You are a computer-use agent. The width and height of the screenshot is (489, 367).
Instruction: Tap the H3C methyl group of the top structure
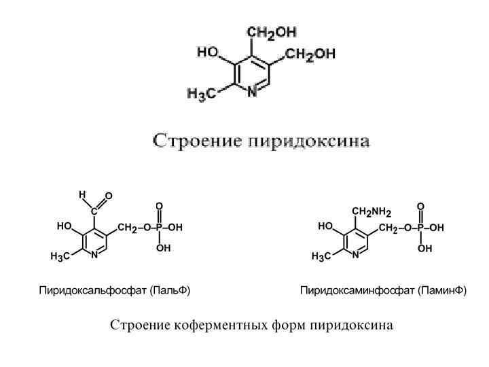tap(201, 95)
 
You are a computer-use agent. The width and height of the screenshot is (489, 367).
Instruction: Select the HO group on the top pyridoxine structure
tap(208, 52)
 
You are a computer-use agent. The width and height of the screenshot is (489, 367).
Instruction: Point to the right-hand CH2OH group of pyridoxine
tap(310, 56)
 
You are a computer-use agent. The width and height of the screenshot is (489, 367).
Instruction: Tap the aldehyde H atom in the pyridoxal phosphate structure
tap(81, 194)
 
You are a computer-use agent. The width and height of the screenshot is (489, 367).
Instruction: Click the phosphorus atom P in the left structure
tap(159, 227)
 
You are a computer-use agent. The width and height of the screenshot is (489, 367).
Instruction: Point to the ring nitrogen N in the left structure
tap(94, 255)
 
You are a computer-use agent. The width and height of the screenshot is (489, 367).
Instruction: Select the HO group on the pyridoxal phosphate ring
tap(65, 226)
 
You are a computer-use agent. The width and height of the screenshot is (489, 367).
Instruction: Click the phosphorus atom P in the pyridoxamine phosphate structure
tap(420, 228)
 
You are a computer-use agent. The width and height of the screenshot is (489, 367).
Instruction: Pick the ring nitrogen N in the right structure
tap(355, 255)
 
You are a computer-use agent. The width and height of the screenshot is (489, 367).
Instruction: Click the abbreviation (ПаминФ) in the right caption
tap(442, 290)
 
